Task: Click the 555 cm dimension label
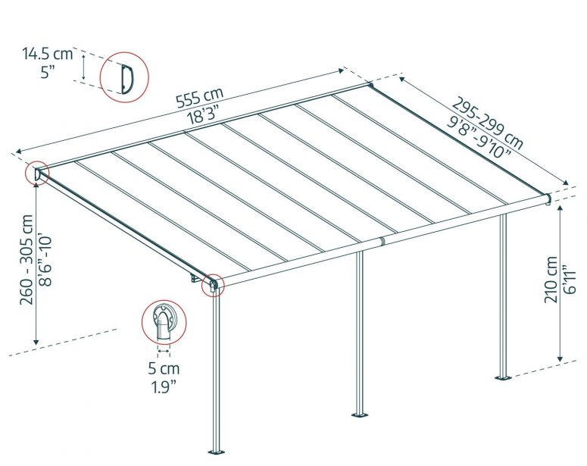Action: pos(199,98)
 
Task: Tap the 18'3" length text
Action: pos(203,114)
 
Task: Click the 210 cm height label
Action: pos(551,280)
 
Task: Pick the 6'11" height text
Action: pos(568,280)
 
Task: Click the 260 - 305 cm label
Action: pos(28,260)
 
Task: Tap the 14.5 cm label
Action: pos(47,54)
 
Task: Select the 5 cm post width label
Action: pos(164,368)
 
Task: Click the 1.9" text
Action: pos(164,387)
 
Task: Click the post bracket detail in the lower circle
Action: pos(164,321)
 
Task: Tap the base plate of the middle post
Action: pos(360,414)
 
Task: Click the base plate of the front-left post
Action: pos(217,451)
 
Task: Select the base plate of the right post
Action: pos(504,377)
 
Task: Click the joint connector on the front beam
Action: pos(382,241)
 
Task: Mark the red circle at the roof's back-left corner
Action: pos(37,174)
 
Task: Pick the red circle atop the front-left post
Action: pos(213,286)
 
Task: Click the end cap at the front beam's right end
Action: pos(548,199)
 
